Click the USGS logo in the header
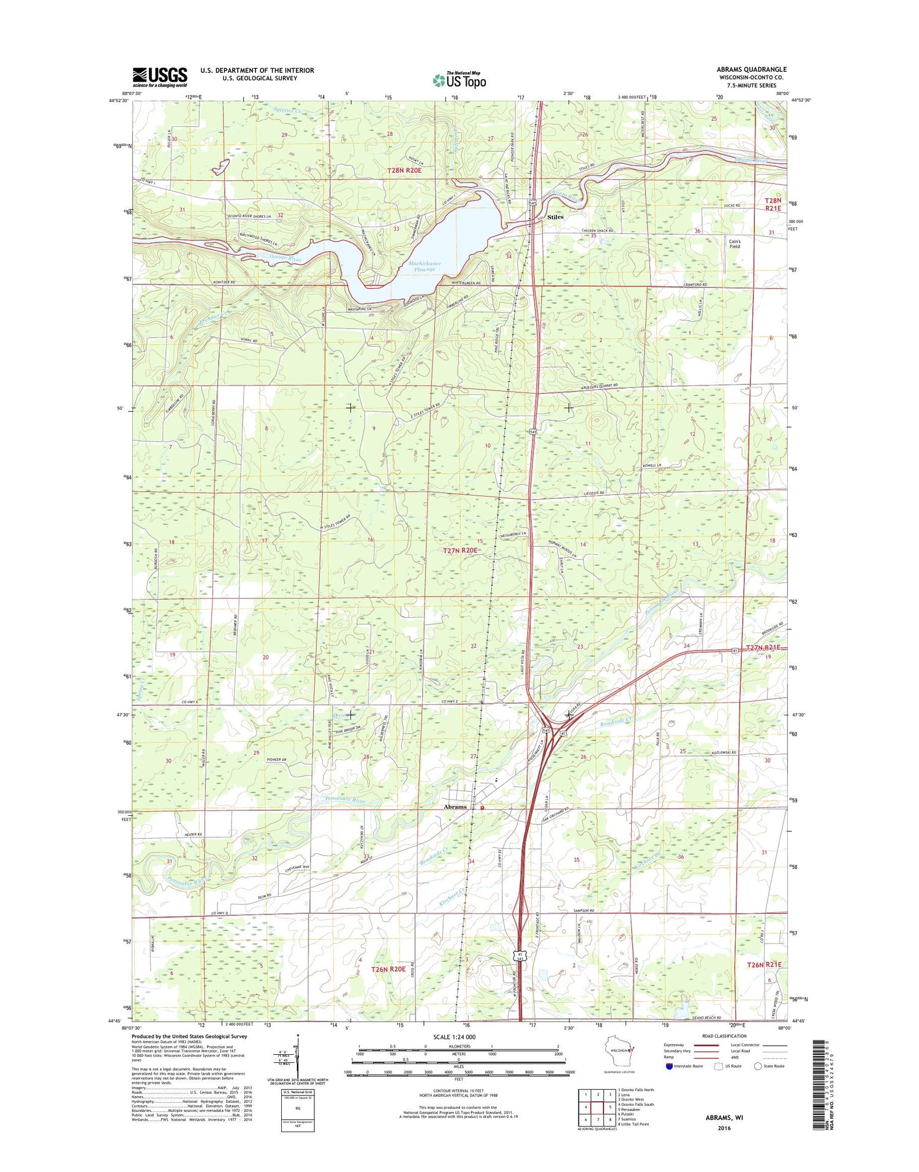pos(160,77)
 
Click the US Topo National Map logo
pos(459,79)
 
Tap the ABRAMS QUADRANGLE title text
pos(751,69)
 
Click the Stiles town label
pos(555,217)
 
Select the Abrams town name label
pos(455,807)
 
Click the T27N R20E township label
pos(460,550)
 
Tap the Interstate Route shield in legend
pos(668,1066)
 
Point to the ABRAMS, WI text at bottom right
pos(724,1117)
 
